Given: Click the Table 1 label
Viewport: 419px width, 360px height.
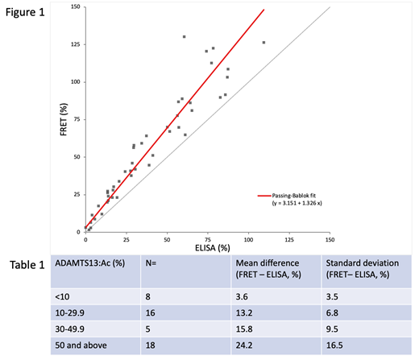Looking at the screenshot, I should coord(26,264).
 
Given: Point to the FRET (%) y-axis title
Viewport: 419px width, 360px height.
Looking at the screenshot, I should coord(62,119).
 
